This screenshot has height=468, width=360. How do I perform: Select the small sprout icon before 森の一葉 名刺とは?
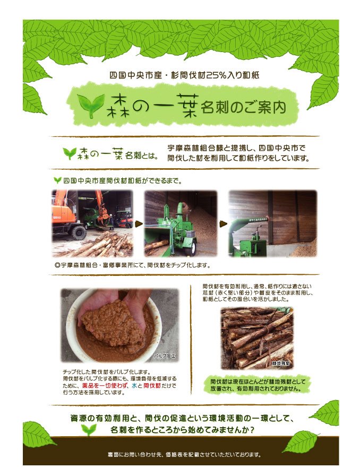coord(70,153)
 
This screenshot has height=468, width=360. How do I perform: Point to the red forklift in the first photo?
coord(123,219)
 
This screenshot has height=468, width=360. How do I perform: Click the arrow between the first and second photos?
coord(139,224)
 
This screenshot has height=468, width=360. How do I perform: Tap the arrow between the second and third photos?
coord(223,224)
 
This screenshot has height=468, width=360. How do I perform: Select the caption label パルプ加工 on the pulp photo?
coord(165,356)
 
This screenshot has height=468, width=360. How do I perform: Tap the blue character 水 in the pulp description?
coord(134,385)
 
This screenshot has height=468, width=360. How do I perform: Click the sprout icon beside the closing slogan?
coord(89,429)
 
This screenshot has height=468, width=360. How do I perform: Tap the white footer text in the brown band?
coord(184,455)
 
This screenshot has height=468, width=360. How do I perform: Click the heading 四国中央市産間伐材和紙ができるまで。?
coord(122,181)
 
